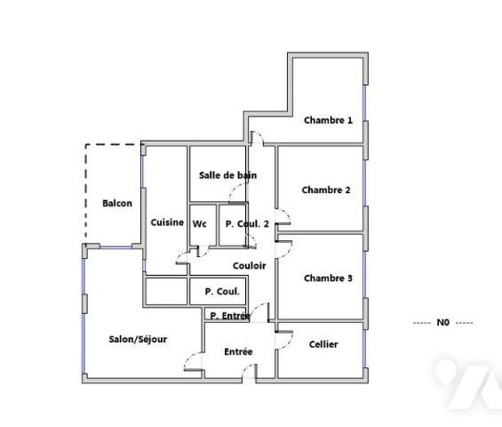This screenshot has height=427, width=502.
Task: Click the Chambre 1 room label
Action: (328, 120)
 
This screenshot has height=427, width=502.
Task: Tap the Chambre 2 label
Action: (326, 189)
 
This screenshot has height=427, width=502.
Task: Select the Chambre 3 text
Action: (328, 278)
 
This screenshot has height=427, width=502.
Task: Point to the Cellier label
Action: (323, 344)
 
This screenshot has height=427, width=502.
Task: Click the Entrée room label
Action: (237, 351)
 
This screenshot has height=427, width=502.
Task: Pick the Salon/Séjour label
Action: (138, 339)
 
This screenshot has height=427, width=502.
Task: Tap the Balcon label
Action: (117, 203)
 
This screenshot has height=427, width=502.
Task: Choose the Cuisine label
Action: (167, 222)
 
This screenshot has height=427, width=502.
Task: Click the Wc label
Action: (200, 224)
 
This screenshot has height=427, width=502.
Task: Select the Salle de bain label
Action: (228, 175)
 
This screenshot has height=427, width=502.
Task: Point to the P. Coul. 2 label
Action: (247, 224)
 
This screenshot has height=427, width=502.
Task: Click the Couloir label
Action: (250, 265)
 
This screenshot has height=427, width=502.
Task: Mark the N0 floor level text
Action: (443, 322)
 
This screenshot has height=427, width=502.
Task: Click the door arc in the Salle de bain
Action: (237, 196)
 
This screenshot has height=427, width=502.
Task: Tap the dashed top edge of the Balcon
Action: (114, 144)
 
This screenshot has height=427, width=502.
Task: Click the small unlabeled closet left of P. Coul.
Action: (165, 291)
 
